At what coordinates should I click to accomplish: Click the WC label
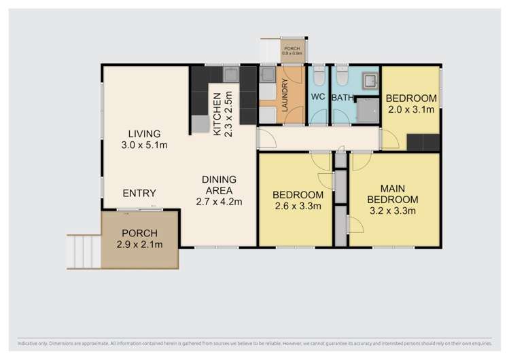tap(318, 97)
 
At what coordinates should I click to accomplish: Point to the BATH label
tap(343, 98)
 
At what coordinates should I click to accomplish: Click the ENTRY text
tap(139, 193)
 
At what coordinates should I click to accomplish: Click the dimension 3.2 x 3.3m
tap(392, 211)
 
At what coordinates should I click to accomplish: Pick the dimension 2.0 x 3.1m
tap(410, 109)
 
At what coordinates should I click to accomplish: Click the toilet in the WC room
tap(318, 74)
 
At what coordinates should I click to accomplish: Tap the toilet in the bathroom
tap(342, 74)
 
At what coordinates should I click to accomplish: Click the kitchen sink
tap(230, 73)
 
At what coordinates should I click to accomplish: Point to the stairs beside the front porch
tap(84, 251)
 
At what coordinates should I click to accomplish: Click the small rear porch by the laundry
tap(292, 52)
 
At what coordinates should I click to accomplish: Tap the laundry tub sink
tap(267, 74)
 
